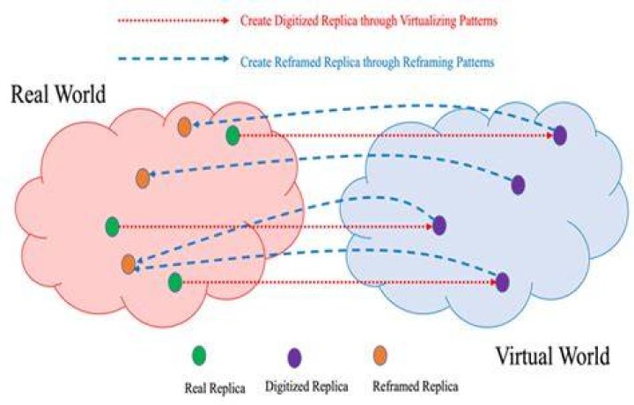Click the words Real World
click(x=58, y=94)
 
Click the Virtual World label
click(x=552, y=356)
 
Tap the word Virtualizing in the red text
click(x=428, y=20)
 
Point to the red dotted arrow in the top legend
click(x=173, y=20)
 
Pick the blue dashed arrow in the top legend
click(x=173, y=59)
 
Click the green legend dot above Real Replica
click(x=198, y=356)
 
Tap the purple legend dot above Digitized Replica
click(x=294, y=357)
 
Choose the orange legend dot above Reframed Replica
click(x=380, y=356)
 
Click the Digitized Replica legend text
click(x=306, y=387)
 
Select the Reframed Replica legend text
click(x=416, y=387)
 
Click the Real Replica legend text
click(x=215, y=388)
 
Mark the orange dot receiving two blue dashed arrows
click(x=129, y=264)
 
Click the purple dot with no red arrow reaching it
click(x=518, y=185)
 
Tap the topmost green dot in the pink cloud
click(x=232, y=136)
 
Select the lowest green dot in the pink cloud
click(x=175, y=283)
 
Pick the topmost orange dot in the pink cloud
click(x=184, y=127)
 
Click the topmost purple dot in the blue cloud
click(x=560, y=136)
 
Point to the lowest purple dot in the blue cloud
click(x=502, y=282)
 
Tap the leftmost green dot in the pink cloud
click(x=112, y=227)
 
